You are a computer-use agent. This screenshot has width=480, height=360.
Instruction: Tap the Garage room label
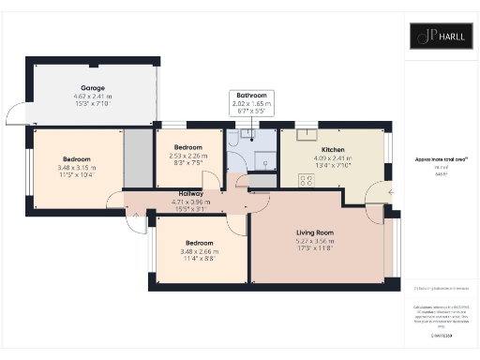tap(93, 86)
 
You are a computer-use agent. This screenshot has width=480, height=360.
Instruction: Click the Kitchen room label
tap(334, 150)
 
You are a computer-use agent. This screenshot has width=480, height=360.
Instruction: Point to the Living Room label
tap(315, 232)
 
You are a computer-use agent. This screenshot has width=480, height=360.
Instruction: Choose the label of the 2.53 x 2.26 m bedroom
tap(188, 148)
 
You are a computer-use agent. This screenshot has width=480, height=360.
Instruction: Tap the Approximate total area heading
tap(437, 160)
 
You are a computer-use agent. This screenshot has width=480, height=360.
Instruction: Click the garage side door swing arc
tap(19, 116)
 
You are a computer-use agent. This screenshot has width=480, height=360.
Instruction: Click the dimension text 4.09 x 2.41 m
tap(334, 158)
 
